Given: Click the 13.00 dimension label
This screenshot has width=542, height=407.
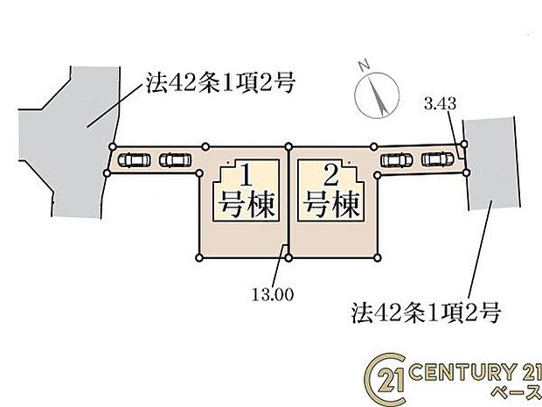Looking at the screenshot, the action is coord(273,294).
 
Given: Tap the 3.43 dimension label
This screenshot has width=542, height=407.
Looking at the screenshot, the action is coord(440,103).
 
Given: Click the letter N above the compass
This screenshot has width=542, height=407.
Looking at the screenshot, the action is coord(364,66).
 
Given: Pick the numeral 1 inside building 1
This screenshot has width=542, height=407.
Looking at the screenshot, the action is coord(247,175).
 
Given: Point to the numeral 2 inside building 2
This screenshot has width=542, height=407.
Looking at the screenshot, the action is coord(330,175).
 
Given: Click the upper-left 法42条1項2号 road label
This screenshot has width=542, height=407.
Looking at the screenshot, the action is coord(219,83).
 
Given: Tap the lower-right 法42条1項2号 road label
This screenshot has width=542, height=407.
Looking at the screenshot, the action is coord(426,312).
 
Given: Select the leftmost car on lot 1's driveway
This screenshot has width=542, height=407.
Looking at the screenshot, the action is coord(134,160).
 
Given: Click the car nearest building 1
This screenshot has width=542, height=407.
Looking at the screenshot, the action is coord(175,160).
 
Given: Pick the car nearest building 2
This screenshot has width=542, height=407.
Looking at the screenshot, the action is coord(396,159).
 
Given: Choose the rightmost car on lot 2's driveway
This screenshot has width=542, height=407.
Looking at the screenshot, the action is coord(438,158).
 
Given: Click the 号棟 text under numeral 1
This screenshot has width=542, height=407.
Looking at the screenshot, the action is coord(247,204).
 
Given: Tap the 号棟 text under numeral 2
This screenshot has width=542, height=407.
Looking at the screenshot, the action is coord(332,204).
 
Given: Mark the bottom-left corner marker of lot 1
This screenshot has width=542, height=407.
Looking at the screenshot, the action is coord(199,257).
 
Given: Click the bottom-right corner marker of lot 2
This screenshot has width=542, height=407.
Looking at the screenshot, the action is coord(378,257).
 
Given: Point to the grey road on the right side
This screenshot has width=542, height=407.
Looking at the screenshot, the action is coord(492,164).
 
